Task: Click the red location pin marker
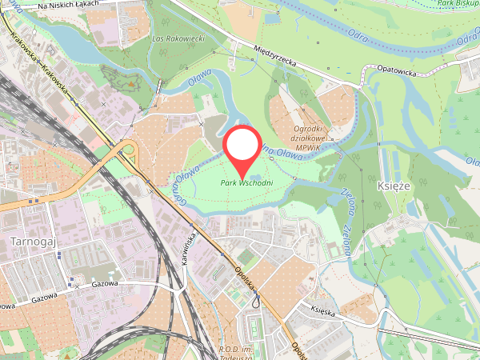pyautogui.click(x=242, y=147)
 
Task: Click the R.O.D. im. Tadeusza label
pyautogui.click(x=239, y=354)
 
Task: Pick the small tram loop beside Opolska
pyautogui.click(x=255, y=302)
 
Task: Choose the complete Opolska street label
pyautogui.click(x=245, y=278)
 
